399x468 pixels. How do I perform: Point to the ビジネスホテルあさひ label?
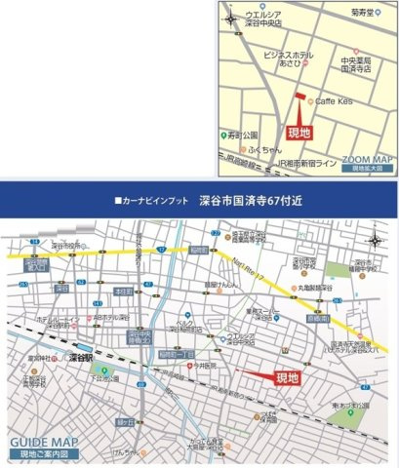point(281,60)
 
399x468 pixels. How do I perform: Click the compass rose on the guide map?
point(377,241)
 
